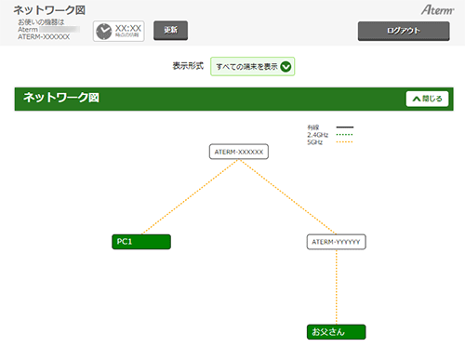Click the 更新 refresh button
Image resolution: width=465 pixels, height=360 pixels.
click(169, 30)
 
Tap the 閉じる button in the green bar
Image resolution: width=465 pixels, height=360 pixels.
click(427, 98)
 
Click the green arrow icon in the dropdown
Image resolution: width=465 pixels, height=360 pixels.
click(286, 66)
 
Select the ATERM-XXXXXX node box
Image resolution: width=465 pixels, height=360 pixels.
click(239, 151)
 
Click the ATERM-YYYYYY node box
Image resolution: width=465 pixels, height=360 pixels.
click(337, 242)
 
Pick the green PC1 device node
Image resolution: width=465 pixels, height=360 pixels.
click(140, 242)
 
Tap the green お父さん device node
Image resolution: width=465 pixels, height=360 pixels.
click(337, 331)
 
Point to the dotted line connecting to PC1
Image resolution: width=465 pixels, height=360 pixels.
click(191, 196)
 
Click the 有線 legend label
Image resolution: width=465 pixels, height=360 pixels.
click(312, 127)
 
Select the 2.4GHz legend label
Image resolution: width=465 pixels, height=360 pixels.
click(317, 135)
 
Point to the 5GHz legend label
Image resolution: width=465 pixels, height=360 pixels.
click(314, 142)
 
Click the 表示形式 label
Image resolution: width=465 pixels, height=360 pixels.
click(188, 67)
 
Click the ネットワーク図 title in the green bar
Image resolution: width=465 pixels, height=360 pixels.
click(60, 97)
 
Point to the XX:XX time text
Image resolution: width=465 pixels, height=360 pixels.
click(128, 28)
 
